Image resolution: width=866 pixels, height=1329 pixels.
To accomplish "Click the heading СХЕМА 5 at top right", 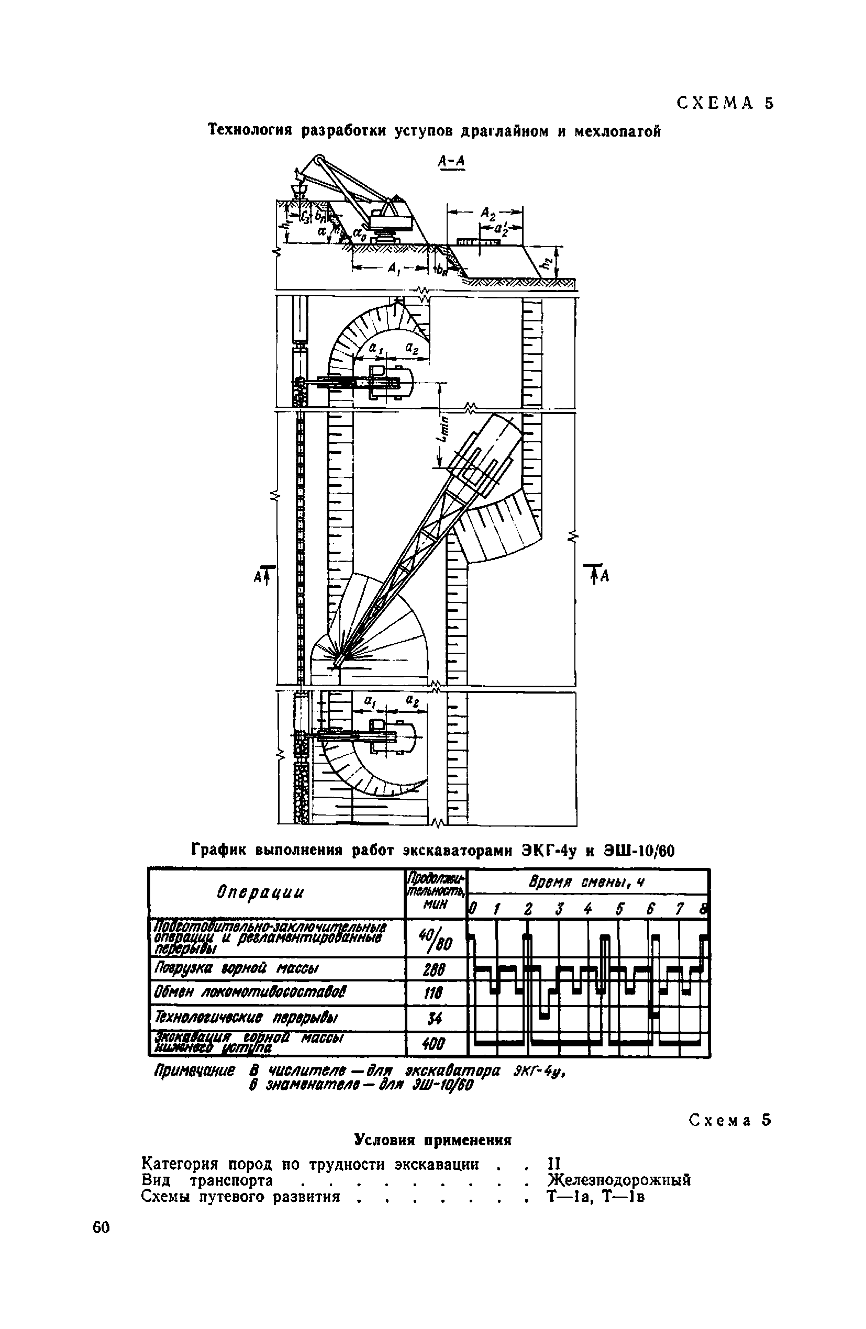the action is click(x=725, y=103).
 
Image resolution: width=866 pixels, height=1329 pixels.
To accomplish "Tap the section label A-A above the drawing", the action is click(x=452, y=161).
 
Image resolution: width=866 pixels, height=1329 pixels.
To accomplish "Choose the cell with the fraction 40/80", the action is click(x=435, y=940).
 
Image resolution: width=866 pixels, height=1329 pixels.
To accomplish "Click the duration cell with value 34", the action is click(x=435, y=1019).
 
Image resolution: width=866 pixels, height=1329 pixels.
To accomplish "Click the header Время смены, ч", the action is click(x=586, y=883).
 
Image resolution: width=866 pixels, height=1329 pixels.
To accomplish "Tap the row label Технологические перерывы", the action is click(x=247, y=1018).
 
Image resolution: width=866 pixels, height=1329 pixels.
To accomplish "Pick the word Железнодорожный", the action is click(x=619, y=1179).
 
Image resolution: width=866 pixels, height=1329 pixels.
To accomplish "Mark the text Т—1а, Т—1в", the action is click(x=596, y=1196).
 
